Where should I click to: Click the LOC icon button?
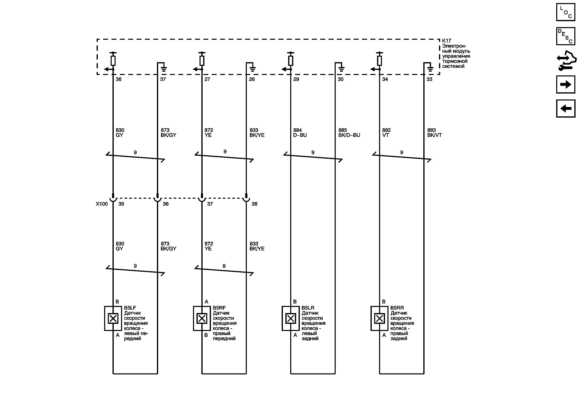click(565, 12)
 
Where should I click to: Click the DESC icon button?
click(565, 36)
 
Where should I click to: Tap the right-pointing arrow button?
click(565, 84)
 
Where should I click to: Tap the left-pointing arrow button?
click(565, 108)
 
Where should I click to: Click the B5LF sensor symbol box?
click(113, 318)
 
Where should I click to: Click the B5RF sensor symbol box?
click(202, 318)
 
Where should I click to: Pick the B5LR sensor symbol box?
click(290, 318)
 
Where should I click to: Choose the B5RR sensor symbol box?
click(379, 318)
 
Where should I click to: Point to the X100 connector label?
click(102, 204)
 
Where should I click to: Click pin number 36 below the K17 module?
click(119, 79)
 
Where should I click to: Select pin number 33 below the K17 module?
click(429, 79)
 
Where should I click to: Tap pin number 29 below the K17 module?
click(296, 79)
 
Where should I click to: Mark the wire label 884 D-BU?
click(300, 133)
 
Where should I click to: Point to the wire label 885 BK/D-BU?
click(349, 133)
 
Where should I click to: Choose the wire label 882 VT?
click(386, 133)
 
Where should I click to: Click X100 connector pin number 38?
click(254, 204)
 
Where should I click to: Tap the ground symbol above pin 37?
click(164, 69)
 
